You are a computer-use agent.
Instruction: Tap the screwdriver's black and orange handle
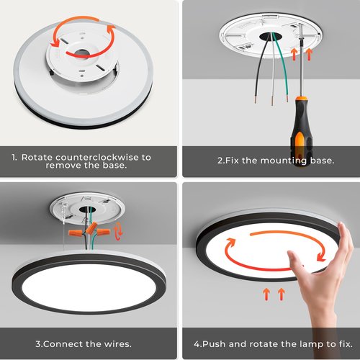302,131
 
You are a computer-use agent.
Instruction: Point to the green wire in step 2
281,66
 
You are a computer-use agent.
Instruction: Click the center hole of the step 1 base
81,53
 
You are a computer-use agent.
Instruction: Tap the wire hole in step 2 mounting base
270,37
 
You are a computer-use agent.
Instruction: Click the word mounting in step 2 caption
284,161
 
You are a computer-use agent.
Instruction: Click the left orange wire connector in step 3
76,233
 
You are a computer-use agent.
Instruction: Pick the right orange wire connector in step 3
103,233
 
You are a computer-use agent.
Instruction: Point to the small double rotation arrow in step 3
117,231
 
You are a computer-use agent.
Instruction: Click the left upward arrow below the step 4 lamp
266,294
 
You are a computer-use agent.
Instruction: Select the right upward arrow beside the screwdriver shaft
309,55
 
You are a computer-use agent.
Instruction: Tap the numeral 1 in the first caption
14,158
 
